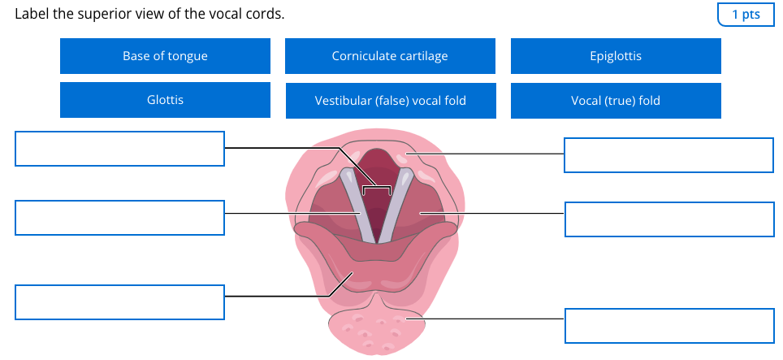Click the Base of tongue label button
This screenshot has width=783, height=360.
[x=165, y=56]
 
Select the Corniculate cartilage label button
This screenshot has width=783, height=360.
[x=390, y=56]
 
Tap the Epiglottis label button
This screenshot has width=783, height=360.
[x=616, y=56]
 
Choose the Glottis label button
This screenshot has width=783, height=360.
[x=165, y=100]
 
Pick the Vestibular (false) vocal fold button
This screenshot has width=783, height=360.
[x=390, y=101]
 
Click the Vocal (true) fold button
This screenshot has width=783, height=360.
[x=616, y=101]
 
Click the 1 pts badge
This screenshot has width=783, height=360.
[x=746, y=15]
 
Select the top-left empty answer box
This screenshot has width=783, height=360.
[x=119, y=149]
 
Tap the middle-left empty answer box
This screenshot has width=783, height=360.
[x=119, y=219]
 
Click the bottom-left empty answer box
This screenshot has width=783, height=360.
[x=119, y=302]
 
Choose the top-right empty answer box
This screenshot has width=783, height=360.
[x=668, y=155]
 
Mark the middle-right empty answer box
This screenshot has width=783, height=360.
[x=668, y=219]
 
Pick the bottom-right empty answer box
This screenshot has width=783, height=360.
[x=668, y=325]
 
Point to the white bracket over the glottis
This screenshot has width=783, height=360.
[x=377, y=189]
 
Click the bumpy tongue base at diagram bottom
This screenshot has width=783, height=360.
[x=374, y=329]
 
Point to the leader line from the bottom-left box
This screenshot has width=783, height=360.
[x=276, y=297]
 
